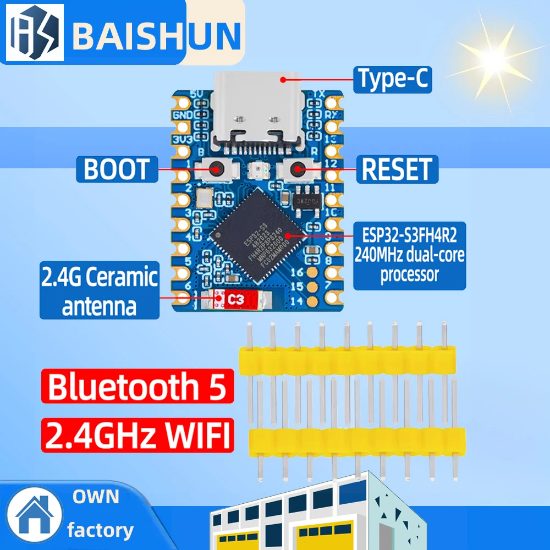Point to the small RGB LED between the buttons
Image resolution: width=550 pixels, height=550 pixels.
coord(257,170)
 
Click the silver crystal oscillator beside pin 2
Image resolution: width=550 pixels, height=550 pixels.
coord(204,197)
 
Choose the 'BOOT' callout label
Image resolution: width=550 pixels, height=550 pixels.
coord(117,169)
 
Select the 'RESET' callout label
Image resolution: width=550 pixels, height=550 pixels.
coord(398,169)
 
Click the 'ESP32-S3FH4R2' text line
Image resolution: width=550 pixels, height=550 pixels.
coord(410,237)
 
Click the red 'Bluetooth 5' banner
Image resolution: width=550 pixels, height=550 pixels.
coord(137,387)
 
